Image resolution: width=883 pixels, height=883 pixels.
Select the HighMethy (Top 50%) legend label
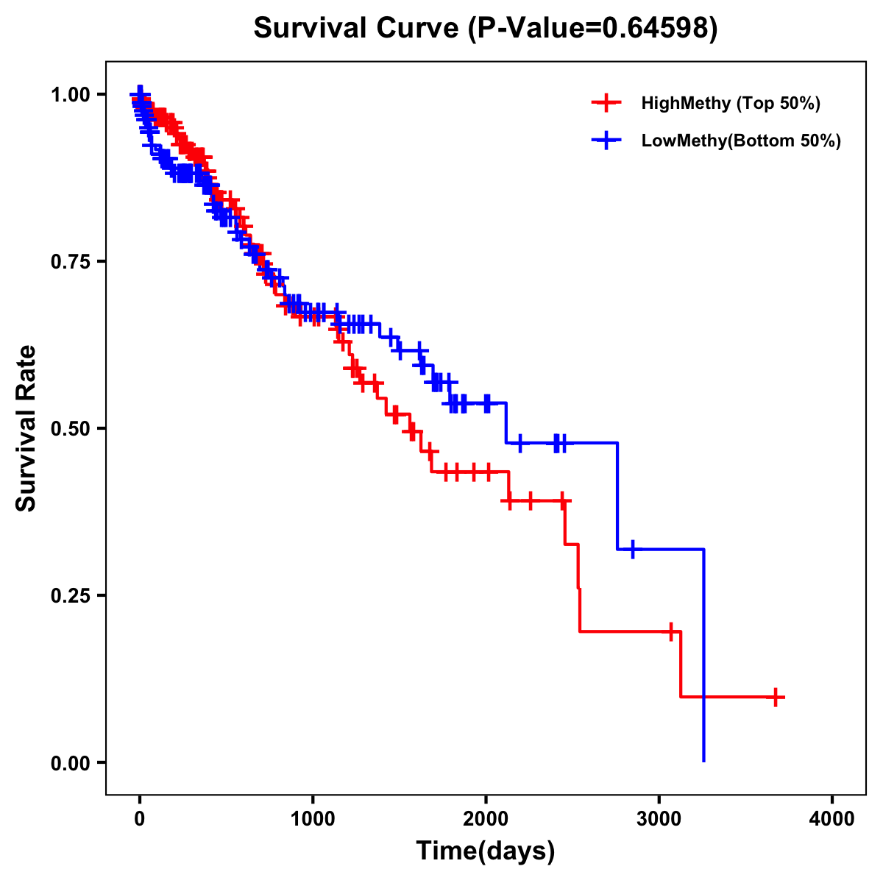click(x=730, y=103)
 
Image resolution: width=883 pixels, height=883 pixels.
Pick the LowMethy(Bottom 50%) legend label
click(x=740, y=141)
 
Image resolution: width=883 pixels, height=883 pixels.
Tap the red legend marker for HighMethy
click(x=605, y=103)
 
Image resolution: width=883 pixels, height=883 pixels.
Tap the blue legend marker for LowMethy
click(x=605, y=141)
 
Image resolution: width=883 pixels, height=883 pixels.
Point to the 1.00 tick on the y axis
click(x=70, y=94)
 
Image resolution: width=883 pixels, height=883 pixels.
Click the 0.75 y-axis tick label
click(x=70, y=261)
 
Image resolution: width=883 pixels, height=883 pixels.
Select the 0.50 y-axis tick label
click(x=70, y=428)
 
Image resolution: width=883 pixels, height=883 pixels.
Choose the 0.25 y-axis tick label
click(x=70, y=595)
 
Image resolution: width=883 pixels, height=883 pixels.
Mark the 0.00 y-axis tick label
click(x=70, y=762)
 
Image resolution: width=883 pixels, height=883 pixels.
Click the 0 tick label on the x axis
click(x=140, y=819)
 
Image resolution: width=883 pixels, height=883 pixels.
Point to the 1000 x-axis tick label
click(x=313, y=819)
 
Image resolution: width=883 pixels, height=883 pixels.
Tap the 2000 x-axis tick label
click(x=486, y=819)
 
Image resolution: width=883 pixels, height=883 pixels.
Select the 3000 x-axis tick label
click(x=659, y=819)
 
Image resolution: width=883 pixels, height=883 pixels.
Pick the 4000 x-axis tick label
click(x=832, y=819)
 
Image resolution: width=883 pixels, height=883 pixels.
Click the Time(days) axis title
click(x=486, y=851)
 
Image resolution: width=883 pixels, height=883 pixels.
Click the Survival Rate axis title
click(x=26, y=428)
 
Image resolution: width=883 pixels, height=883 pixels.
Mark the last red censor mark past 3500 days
click(x=776, y=697)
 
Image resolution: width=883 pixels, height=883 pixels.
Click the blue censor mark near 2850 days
click(x=632, y=549)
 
